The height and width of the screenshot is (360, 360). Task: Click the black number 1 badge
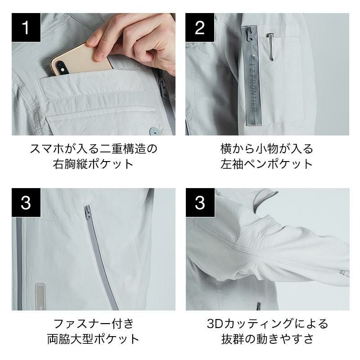26,27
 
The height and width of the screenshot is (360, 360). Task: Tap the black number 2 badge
200,27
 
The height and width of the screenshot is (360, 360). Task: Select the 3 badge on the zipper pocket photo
26,202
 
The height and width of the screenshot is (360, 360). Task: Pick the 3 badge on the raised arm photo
200,202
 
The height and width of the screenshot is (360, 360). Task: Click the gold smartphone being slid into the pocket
81,60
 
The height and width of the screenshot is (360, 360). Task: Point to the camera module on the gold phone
60,67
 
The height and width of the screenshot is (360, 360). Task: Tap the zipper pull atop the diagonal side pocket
87,212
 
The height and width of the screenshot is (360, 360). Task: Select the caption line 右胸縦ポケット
93,164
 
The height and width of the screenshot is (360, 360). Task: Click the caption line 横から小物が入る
267,148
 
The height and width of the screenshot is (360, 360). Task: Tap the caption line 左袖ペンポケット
267,164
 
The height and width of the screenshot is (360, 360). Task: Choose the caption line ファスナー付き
94,324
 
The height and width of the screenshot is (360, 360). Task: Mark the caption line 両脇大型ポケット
93,339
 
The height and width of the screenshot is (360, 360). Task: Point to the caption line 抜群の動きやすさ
267,339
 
